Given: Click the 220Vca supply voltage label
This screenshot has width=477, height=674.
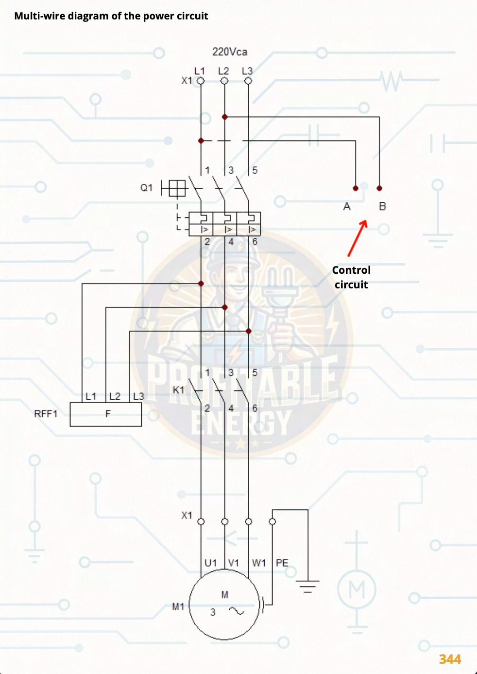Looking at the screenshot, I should (x=229, y=52).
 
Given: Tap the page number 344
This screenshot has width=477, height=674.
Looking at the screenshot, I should (x=450, y=659).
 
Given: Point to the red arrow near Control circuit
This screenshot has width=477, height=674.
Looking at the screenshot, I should (x=357, y=238).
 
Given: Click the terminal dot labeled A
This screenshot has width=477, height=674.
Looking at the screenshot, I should (x=356, y=188).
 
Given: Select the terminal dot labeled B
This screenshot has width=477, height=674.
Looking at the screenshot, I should (x=379, y=188).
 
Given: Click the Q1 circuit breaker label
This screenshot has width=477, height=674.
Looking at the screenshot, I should (x=146, y=188).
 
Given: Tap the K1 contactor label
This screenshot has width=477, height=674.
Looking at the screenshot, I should (x=178, y=390).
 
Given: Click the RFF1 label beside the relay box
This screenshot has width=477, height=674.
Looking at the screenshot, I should (x=46, y=414).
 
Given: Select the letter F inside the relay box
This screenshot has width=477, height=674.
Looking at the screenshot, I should (x=108, y=414).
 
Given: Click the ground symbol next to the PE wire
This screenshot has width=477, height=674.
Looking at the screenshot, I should (x=308, y=585).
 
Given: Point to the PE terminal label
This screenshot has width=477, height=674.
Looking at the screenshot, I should (x=282, y=563).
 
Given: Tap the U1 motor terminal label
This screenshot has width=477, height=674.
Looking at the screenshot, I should (x=210, y=563).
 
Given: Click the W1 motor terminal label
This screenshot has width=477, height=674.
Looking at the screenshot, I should (x=259, y=563).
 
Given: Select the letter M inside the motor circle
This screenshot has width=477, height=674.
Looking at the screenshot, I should (x=224, y=594).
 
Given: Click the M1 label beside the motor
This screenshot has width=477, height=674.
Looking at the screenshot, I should (x=178, y=606).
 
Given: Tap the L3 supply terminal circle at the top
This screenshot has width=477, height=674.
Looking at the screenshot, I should (x=248, y=81).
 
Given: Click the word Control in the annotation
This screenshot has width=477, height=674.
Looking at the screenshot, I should (x=351, y=270).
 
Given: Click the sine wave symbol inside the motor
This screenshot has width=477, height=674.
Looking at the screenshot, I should (x=237, y=611).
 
